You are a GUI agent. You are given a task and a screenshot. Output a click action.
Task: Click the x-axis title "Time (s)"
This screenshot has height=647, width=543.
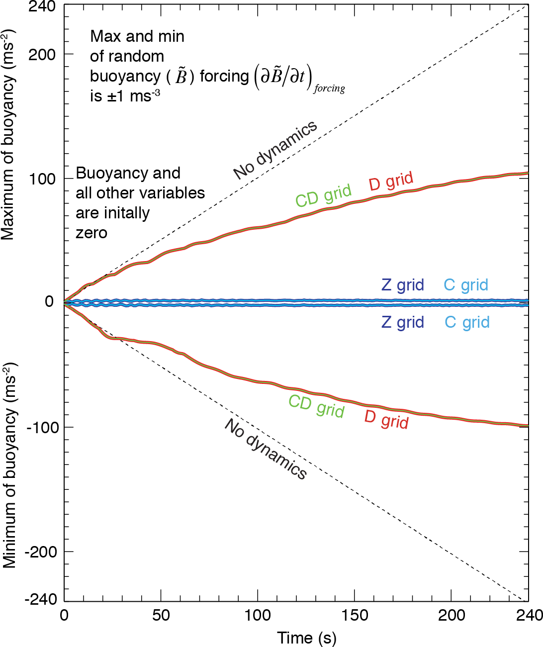(306, 638)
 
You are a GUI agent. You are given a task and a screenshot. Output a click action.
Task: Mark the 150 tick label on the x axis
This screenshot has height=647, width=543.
(355, 615)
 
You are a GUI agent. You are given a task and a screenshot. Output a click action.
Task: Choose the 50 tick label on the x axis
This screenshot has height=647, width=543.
(161, 615)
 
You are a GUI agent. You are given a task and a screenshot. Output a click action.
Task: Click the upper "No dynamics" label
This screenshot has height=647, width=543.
(275, 150)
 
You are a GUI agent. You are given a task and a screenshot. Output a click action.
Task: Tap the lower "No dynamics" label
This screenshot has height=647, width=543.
(266, 449)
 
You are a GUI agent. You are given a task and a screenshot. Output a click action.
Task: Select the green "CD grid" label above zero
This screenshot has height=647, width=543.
(323, 195)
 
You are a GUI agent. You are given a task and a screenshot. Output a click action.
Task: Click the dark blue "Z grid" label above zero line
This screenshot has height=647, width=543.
(402, 285)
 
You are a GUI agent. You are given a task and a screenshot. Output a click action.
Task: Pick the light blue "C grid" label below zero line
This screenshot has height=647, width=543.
(467, 322)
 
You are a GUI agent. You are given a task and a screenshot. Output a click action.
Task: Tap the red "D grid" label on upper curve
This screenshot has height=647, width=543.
(391, 182)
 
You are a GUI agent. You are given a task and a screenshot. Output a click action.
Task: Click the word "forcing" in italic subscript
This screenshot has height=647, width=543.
(329, 89)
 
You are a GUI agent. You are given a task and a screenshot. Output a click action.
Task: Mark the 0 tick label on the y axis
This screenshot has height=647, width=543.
(49, 301)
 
